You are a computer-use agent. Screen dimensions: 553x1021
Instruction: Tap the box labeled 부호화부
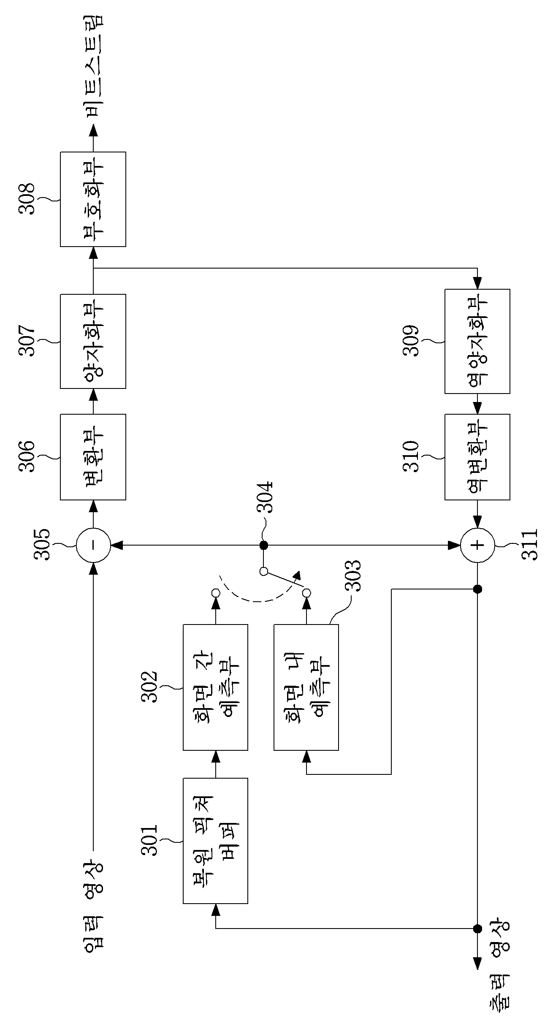[93, 199]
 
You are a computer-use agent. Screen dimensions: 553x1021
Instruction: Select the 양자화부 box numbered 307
[93, 341]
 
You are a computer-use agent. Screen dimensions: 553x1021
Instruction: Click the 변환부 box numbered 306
[93, 457]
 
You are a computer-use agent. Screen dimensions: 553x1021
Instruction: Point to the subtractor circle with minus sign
[93, 545]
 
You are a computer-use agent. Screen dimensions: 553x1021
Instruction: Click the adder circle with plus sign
[477, 545]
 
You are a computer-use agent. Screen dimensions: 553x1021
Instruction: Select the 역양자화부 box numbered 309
[477, 341]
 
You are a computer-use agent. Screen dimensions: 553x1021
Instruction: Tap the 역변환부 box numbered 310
[477, 457]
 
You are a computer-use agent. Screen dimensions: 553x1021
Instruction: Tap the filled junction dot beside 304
[264, 545]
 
